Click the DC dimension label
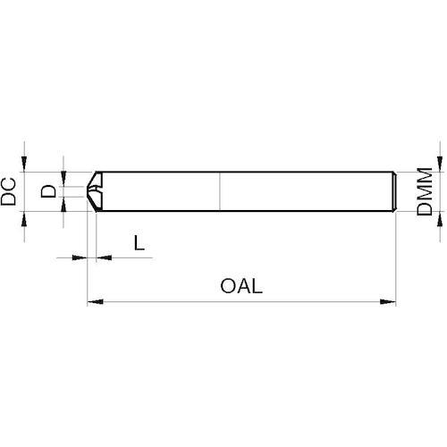point(8,191)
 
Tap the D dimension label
point(48,191)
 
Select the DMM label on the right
point(425,191)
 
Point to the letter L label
point(139,242)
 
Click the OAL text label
point(241,286)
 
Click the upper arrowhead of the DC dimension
point(24,164)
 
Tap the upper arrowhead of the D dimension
point(63,178)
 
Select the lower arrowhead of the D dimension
point(63,205)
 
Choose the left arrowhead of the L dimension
point(80,257)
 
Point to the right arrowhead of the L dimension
point(104,257)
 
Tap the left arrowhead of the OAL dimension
point(96,302)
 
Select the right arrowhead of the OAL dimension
point(388,302)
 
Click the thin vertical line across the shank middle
point(220,191)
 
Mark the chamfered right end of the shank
point(393,191)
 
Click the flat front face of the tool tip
point(88,191)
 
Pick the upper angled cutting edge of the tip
point(91,179)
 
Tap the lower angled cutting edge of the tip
point(92,204)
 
